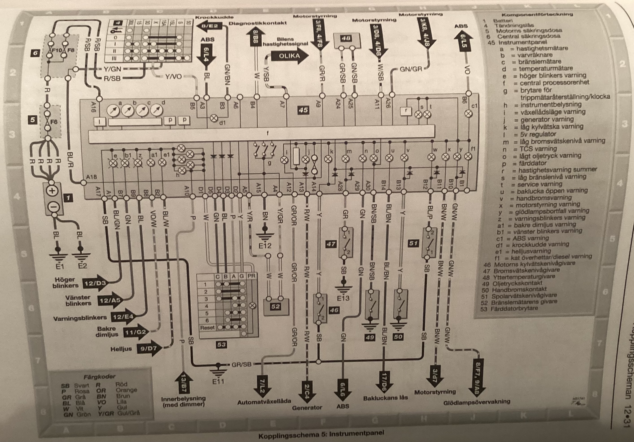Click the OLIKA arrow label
pyautogui.click(x=289, y=56)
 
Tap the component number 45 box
pyautogui.click(x=303, y=110)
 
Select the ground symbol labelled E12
pyautogui.click(x=265, y=237)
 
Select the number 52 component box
pyautogui.click(x=275, y=306)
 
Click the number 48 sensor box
pyautogui.click(x=346, y=39)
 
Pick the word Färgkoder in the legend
pyautogui.click(x=100, y=376)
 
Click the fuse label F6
pyautogui.click(x=54, y=122)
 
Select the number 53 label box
pyautogui.click(x=221, y=344)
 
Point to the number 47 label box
pyautogui.click(x=331, y=244)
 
